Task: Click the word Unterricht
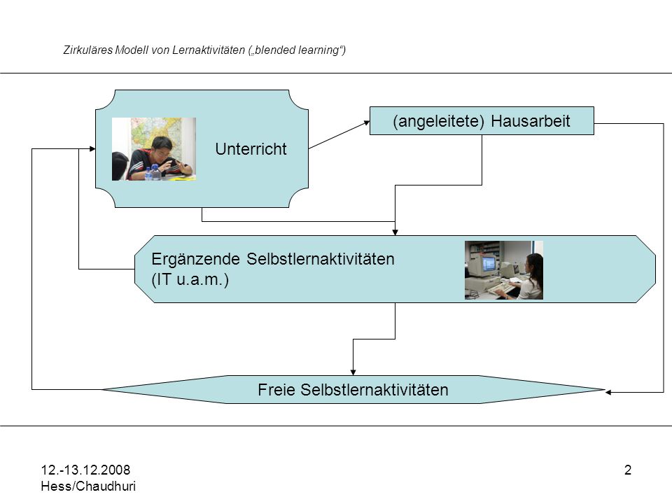(251, 149)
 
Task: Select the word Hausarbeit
(531, 121)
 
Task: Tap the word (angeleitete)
(438, 121)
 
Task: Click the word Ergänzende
(195, 260)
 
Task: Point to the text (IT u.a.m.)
(190, 279)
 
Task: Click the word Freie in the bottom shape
(277, 390)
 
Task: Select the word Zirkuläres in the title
(88, 50)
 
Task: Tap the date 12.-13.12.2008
(85, 470)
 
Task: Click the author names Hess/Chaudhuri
(88, 486)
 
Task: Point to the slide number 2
(628, 470)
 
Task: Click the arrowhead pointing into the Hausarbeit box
(367, 122)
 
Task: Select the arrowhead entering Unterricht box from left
(92, 148)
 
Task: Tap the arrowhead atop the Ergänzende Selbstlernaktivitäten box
(395, 232)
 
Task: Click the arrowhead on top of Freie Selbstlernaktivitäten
(353, 372)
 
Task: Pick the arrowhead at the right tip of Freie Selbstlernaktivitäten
(608, 392)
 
